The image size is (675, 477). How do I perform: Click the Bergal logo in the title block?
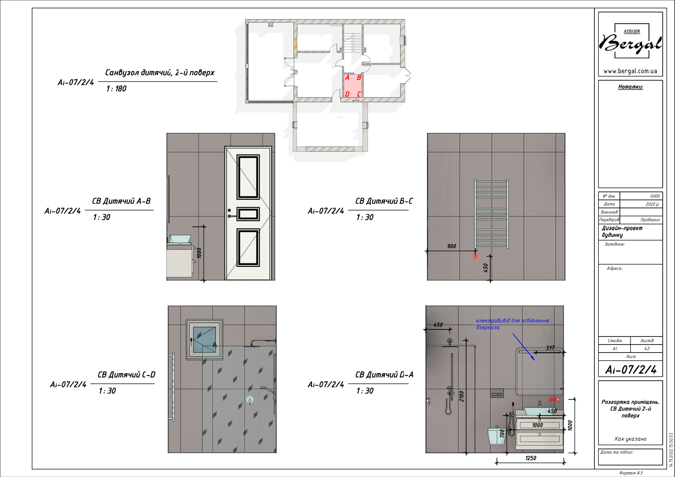pyautogui.click(x=630, y=41)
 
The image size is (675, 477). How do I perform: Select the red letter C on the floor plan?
pyautogui.click(x=359, y=94)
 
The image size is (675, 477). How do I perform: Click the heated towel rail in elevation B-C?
pyautogui.click(x=491, y=214)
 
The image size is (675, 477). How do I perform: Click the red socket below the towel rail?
pyautogui.click(x=475, y=256)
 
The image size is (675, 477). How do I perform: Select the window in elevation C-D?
pyautogui.click(x=204, y=339)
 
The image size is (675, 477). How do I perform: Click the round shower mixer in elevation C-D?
pyautogui.click(x=250, y=400)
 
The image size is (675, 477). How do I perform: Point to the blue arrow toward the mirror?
pyautogui.click(x=524, y=347)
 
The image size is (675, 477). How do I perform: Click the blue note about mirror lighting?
pyautogui.click(x=512, y=324)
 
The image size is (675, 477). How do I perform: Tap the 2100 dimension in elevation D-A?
pyautogui.click(x=462, y=396)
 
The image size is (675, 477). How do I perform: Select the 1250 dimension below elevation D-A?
pyautogui.click(x=531, y=458)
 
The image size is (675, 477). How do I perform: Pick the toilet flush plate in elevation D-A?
pyautogui.click(x=497, y=393)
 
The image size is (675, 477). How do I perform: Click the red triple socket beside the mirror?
pyautogui.click(x=554, y=400)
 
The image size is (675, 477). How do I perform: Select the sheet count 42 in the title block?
pyautogui.click(x=647, y=349)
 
